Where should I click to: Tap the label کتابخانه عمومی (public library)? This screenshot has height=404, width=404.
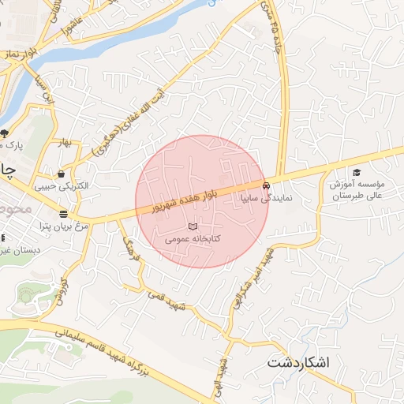point(193,238)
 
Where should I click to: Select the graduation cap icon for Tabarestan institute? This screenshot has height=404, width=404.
point(356,172)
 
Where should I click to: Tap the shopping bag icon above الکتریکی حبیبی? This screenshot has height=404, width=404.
point(61,174)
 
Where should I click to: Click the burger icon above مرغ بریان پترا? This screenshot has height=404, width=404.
point(62,214)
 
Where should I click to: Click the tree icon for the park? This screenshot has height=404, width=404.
point(6,133)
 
